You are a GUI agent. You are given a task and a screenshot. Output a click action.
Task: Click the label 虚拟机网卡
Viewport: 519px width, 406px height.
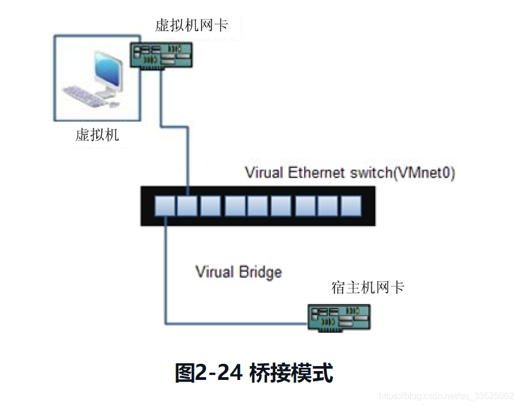click(191, 25)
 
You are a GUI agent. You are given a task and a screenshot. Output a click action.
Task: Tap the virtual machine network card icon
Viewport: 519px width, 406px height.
click(161, 55)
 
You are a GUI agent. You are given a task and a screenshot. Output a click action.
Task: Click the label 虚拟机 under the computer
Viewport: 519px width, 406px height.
click(97, 135)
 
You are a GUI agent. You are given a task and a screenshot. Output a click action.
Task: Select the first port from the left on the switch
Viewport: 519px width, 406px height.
click(165, 206)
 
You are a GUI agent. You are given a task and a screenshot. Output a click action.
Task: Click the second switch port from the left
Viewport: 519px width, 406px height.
click(188, 206)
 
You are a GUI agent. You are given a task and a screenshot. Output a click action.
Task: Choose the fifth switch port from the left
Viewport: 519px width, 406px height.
click(258, 206)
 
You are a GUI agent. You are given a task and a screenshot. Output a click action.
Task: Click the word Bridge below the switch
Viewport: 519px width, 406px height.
click(260, 272)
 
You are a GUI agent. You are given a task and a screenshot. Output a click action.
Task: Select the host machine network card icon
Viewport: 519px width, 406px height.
click(339, 318)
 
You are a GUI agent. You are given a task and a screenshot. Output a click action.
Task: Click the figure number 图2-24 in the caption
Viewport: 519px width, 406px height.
click(209, 373)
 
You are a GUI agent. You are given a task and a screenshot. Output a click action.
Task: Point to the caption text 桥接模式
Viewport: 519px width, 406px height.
click(291, 373)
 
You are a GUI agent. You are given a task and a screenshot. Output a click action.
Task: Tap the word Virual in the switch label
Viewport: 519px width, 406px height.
click(264, 172)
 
